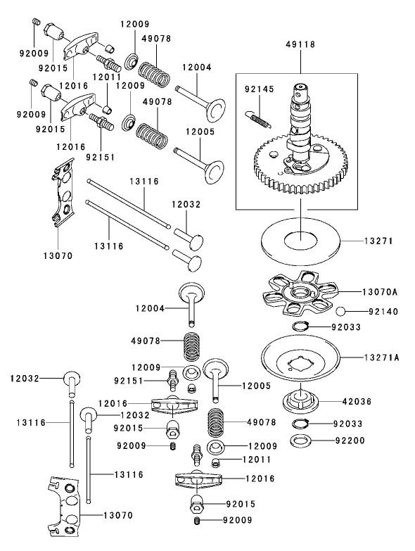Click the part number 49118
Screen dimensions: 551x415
click(300, 44)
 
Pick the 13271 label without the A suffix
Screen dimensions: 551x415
click(378, 241)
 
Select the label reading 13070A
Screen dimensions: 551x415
click(381, 290)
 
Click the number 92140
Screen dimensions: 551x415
click(378, 310)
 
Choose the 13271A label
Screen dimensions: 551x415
click(381, 357)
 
